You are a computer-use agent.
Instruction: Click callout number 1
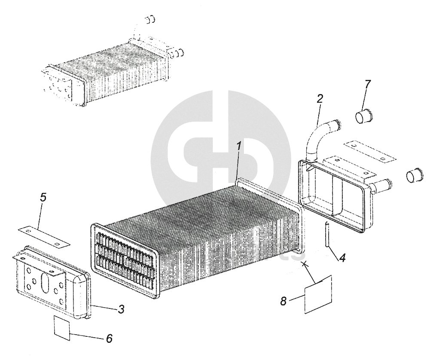click(239, 146)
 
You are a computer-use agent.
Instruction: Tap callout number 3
click(122, 308)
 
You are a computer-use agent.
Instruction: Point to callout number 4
click(342, 259)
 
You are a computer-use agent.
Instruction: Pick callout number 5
click(43, 198)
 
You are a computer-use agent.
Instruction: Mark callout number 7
click(367, 84)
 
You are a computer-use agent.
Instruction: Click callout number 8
click(283, 301)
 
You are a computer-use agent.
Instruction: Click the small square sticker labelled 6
click(61, 328)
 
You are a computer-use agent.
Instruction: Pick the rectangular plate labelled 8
click(318, 295)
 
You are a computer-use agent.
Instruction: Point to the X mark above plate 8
click(305, 263)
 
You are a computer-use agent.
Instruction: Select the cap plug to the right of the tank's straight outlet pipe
click(415, 175)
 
